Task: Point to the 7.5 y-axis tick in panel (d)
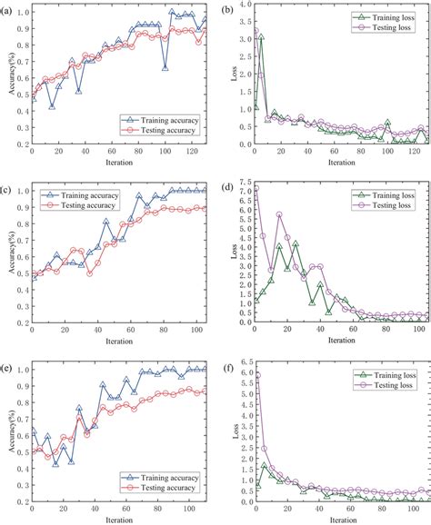coord(239,186)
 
